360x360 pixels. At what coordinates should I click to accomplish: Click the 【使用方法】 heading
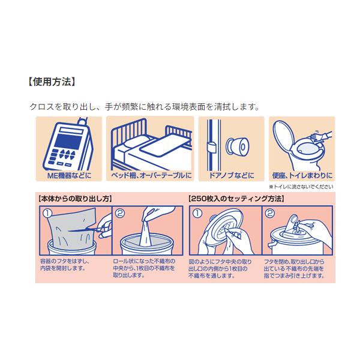tap(52, 82)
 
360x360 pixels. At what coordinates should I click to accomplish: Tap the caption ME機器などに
tap(69, 176)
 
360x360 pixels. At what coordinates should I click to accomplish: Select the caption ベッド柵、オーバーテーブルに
tap(151, 176)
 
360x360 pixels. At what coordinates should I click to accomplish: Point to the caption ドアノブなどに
tap(232, 176)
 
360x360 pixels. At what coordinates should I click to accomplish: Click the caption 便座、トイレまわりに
tap(302, 176)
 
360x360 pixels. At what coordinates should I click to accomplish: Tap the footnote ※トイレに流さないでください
tap(301, 187)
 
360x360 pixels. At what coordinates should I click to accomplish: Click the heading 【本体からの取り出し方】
tap(76, 199)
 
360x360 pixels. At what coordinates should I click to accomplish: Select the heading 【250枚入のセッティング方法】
tap(236, 199)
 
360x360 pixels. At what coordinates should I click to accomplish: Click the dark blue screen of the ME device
tap(68, 141)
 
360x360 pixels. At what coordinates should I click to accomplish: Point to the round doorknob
tap(238, 146)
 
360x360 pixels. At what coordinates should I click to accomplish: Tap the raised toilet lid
tap(284, 134)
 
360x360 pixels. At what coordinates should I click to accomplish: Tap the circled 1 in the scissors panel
tap(47, 213)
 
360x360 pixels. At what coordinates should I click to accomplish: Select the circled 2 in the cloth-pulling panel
tap(119, 213)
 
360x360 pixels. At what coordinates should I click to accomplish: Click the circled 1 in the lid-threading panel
tap(197, 213)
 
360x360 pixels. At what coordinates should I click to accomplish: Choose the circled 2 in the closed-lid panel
tap(270, 213)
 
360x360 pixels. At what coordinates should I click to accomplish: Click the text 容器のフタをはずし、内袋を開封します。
tap(65, 265)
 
